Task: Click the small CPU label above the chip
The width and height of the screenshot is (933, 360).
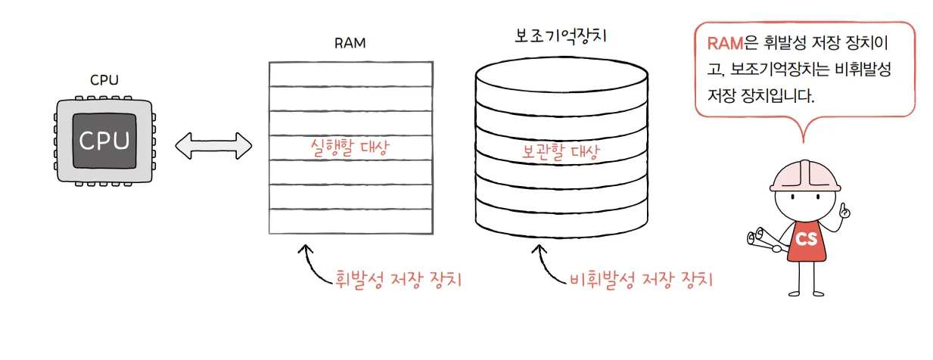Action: point(104,80)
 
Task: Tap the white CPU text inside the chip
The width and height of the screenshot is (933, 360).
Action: point(104,141)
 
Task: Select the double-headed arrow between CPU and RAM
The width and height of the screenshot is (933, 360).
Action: point(213,145)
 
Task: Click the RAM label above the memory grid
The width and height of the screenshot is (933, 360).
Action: point(350,43)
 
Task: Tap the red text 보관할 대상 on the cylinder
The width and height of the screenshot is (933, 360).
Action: point(561,152)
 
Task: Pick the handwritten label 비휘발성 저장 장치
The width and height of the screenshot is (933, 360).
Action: point(640,279)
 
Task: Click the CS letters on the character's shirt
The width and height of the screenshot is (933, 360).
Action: point(806,239)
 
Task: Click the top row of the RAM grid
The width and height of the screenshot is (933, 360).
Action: point(350,74)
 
